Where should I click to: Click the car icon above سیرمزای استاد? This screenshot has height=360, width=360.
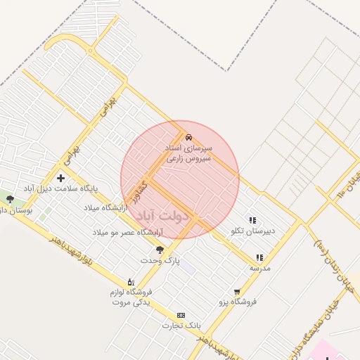(x=188, y=138)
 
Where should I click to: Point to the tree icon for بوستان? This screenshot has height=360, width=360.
(x=10, y=199)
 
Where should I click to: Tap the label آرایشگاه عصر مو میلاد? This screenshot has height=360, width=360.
(x=127, y=231)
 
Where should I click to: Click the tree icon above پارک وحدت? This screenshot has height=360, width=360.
(x=160, y=250)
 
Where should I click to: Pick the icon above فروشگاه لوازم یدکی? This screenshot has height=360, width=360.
(x=131, y=282)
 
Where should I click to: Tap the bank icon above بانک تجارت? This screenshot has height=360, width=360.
(x=181, y=315)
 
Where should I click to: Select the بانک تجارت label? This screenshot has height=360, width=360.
(x=182, y=326)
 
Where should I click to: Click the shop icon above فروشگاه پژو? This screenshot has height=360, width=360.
(x=237, y=291)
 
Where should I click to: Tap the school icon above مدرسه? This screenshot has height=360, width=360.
(x=259, y=257)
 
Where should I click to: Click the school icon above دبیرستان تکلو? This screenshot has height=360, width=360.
(x=252, y=220)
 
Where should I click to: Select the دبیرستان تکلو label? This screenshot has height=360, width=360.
(x=252, y=231)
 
